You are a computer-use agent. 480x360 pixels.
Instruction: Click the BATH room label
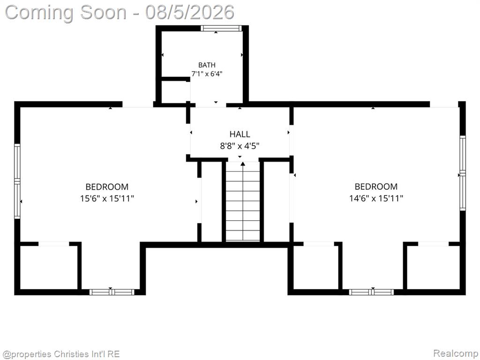point(207,65)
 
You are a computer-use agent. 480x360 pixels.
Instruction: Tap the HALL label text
point(240,134)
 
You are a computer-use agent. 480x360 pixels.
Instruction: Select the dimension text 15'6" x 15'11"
point(107,199)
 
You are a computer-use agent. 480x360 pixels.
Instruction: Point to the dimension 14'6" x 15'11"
point(376,199)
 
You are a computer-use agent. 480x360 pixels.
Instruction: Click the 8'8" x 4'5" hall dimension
point(240,146)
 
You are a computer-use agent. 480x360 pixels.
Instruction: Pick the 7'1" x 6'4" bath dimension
point(207,74)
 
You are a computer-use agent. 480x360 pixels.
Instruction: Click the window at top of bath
point(221,28)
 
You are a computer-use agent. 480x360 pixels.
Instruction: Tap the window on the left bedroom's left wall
point(17,181)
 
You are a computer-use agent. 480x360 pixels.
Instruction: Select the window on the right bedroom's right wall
point(463,173)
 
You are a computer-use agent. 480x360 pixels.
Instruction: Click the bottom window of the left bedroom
point(112,292)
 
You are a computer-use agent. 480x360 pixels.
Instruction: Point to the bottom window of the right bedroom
point(371,292)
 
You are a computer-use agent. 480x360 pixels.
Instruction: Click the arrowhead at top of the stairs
point(243,164)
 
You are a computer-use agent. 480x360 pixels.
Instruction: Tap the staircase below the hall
point(243,201)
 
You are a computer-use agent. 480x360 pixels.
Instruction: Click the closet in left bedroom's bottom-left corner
point(49,267)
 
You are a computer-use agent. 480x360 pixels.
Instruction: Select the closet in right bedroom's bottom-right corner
point(433,267)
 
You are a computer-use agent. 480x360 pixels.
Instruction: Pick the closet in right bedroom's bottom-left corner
point(315,267)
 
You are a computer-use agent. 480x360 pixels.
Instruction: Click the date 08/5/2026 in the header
point(190,12)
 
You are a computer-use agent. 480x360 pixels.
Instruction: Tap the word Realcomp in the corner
point(455,353)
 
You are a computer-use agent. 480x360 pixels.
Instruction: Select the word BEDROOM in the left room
point(107,187)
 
